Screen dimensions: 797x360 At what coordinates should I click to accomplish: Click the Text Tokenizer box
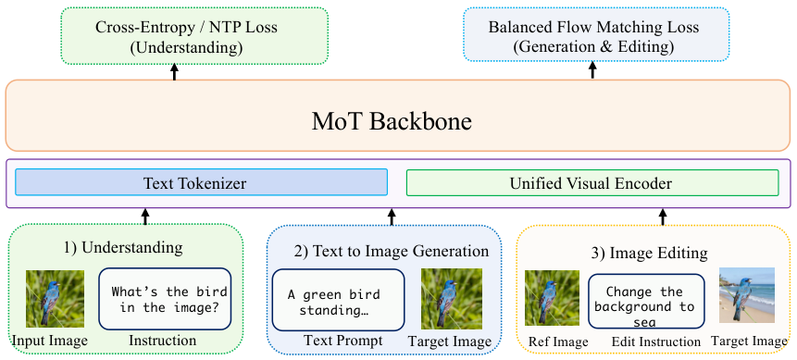[201, 182]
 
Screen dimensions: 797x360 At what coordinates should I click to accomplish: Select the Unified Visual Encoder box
[592, 182]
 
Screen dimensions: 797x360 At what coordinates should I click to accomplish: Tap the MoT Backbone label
[392, 121]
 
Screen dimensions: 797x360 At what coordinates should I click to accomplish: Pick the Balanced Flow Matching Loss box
[597, 34]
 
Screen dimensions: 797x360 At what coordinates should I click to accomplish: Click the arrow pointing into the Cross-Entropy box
[174, 71]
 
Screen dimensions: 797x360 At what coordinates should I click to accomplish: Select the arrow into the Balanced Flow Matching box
[592, 70]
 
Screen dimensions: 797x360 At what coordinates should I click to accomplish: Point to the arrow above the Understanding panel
[145, 217]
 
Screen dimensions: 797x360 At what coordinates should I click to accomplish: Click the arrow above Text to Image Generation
[392, 217]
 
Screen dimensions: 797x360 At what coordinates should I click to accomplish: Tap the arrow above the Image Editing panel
[662, 217]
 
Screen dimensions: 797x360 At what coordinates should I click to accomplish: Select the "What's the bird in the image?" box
[165, 299]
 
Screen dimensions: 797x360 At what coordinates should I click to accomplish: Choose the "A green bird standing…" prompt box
[338, 300]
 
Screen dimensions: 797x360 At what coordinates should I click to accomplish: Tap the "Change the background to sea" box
[645, 301]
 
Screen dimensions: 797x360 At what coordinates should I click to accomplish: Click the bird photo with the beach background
[747, 295]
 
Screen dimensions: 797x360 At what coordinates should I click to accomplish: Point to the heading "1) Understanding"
[122, 248]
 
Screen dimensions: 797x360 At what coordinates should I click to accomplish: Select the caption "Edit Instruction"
[655, 341]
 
